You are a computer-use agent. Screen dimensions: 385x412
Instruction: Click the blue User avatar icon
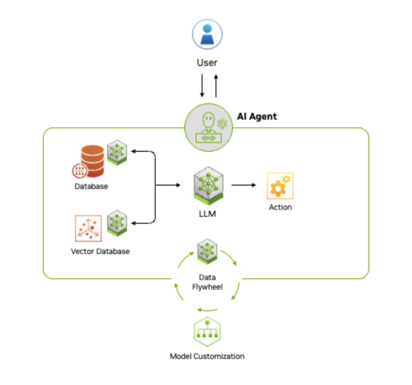pyautogui.click(x=207, y=35)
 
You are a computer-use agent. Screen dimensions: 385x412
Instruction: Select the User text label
pyautogui.click(x=207, y=63)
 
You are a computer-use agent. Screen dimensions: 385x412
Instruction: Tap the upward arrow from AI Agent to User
pyautogui.click(x=215, y=86)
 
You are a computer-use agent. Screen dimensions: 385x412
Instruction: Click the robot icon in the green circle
pyautogui.click(x=207, y=128)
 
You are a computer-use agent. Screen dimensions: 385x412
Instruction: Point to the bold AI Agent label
pyautogui.click(x=257, y=116)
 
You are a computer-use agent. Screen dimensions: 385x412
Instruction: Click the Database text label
pyautogui.click(x=90, y=187)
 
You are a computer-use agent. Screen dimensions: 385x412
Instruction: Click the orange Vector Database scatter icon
pyautogui.click(x=88, y=228)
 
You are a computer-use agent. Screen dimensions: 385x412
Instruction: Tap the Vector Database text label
pyautogui.click(x=100, y=251)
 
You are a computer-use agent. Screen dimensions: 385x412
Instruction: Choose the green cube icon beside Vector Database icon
pyautogui.click(x=117, y=222)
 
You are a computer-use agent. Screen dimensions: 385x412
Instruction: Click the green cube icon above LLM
pyautogui.click(x=207, y=185)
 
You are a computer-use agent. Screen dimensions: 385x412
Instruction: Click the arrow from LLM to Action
pyautogui.click(x=244, y=185)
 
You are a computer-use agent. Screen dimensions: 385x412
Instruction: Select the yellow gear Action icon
pyautogui.click(x=279, y=186)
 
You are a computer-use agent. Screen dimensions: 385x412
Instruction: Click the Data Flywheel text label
pyautogui.click(x=207, y=282)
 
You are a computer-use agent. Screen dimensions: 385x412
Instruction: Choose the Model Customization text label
pyautogui.click(x=207, y=356)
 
